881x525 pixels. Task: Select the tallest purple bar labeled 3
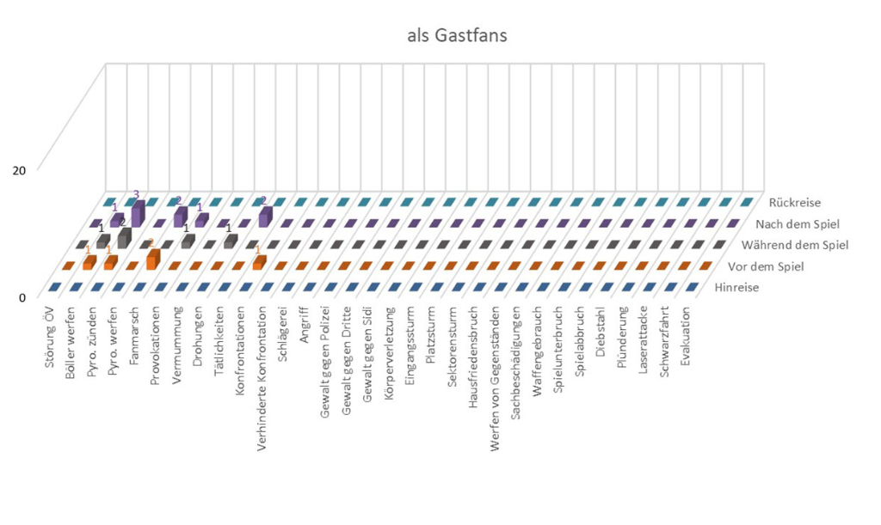coord(137,213)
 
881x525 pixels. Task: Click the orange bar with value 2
coord(153,257)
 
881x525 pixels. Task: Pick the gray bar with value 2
coord(124,237)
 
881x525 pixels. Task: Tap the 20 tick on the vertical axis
coord(19,169)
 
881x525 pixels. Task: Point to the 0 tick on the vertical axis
coord(22,297)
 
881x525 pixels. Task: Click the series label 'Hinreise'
coord(736,288)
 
